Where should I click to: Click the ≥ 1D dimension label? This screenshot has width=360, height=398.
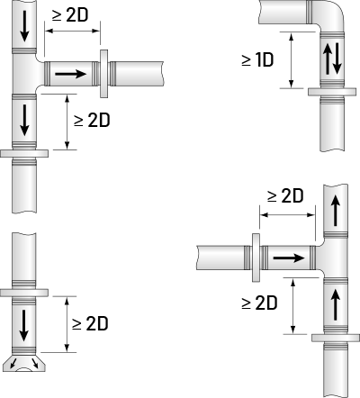point(257,60)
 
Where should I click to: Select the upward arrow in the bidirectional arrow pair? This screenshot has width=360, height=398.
point(327,59)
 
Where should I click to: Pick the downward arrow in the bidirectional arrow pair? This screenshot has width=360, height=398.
point(337,59)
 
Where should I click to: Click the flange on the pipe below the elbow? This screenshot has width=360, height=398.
point(332,92)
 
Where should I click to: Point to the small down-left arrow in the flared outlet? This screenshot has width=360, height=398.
point(13,363)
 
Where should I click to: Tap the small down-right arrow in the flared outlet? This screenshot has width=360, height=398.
point(34,363)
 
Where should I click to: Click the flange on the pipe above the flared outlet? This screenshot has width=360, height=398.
point(24,293)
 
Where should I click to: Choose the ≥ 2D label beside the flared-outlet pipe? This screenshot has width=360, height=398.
point(90,324)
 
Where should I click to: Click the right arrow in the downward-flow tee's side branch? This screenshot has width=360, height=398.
point(71,74)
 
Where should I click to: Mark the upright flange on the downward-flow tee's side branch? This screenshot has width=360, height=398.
point(103,74)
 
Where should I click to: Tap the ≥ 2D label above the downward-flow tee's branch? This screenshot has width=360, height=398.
point(70,15)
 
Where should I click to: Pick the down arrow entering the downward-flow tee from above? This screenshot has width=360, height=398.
point(24,26)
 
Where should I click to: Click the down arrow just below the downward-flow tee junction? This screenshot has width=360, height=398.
point(24,120)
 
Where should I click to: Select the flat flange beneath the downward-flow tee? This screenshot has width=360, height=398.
point(24,153)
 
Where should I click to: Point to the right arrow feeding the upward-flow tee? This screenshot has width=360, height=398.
point(289,258)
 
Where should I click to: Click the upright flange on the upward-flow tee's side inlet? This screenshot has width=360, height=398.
point(256,258)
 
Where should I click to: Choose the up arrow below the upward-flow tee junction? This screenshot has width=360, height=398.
point(336,304)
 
